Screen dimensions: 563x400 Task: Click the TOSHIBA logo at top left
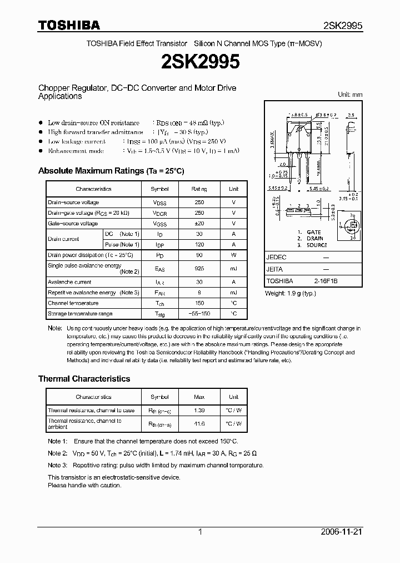coord(69,25)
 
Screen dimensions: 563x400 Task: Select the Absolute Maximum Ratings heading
coord(111,171)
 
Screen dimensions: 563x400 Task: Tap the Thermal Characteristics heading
coord(84,378)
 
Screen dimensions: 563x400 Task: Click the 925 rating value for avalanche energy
coord(199,269)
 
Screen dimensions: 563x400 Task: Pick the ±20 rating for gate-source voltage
coord(199,224)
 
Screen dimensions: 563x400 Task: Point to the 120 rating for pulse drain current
coord(199,245)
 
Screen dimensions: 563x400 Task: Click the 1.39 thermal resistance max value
coord(199,410)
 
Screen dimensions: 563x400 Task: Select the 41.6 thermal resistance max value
coord(199,423)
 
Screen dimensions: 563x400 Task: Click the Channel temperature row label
coord(73,303)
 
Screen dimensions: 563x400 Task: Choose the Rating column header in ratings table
coord(199,189)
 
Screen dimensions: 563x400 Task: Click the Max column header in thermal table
coord(199,397)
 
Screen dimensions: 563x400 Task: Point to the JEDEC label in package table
coord(276,258)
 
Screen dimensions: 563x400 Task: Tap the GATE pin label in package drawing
coord(313,232)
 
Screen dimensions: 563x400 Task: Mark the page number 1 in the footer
coord(200,532)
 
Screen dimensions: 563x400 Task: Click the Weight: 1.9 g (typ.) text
coord(291,293)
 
